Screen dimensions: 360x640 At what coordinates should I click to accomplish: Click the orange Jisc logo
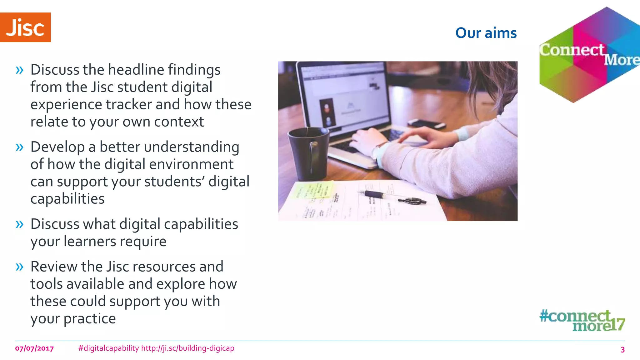coord(25,27)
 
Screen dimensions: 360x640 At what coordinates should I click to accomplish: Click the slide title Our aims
coord(486,33)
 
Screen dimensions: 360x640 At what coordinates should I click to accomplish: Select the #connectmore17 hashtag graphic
coord(582,320)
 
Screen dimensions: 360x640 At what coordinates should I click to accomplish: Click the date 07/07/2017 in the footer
coord(34,348)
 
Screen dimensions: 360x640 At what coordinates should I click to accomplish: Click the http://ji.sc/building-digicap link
coord(187,348)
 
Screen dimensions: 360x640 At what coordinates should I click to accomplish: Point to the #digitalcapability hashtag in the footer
coord(108,348)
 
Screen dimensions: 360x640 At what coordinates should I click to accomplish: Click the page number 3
coord(622,349)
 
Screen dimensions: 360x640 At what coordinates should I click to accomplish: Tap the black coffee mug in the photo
coord(308,153)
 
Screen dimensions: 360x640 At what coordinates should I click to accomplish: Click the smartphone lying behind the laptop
coord(427,123)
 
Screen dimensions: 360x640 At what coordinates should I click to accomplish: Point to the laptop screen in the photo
coord(344,94)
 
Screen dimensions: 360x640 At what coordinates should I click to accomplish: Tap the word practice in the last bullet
coord(90,319)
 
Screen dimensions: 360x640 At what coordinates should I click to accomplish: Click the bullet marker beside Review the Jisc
coord(20,267)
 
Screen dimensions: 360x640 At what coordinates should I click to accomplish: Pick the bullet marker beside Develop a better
coord(20,147)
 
